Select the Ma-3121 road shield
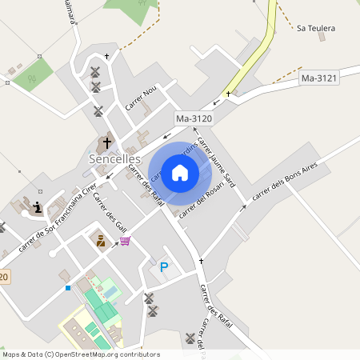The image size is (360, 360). tap(319, 78)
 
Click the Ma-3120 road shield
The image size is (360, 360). tap(193, 119)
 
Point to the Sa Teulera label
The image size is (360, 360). tap(315, 28)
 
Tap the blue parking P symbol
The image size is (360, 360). tap(164, 267)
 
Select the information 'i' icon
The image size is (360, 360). tap(37, 208)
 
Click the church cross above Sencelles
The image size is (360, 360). tap(106, 144)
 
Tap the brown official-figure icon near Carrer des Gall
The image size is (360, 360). tap(101, 240)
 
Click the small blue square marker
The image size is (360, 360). tap(68, 287)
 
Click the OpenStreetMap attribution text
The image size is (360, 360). tap(80, 354)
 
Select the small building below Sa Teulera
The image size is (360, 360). tap(321, 37)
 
